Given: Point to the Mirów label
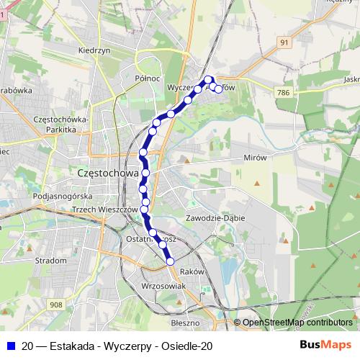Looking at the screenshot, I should coord(255,157).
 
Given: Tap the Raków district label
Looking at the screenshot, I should coord(192,271).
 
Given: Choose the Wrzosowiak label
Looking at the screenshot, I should coord(165,286).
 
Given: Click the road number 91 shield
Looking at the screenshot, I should coord(284,43).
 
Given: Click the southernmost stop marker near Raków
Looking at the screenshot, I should coord(171,261).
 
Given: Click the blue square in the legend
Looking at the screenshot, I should coord(10,346).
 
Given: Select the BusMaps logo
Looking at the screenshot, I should coord(326,346).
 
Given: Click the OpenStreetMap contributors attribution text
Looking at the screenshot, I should coord(297,322).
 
